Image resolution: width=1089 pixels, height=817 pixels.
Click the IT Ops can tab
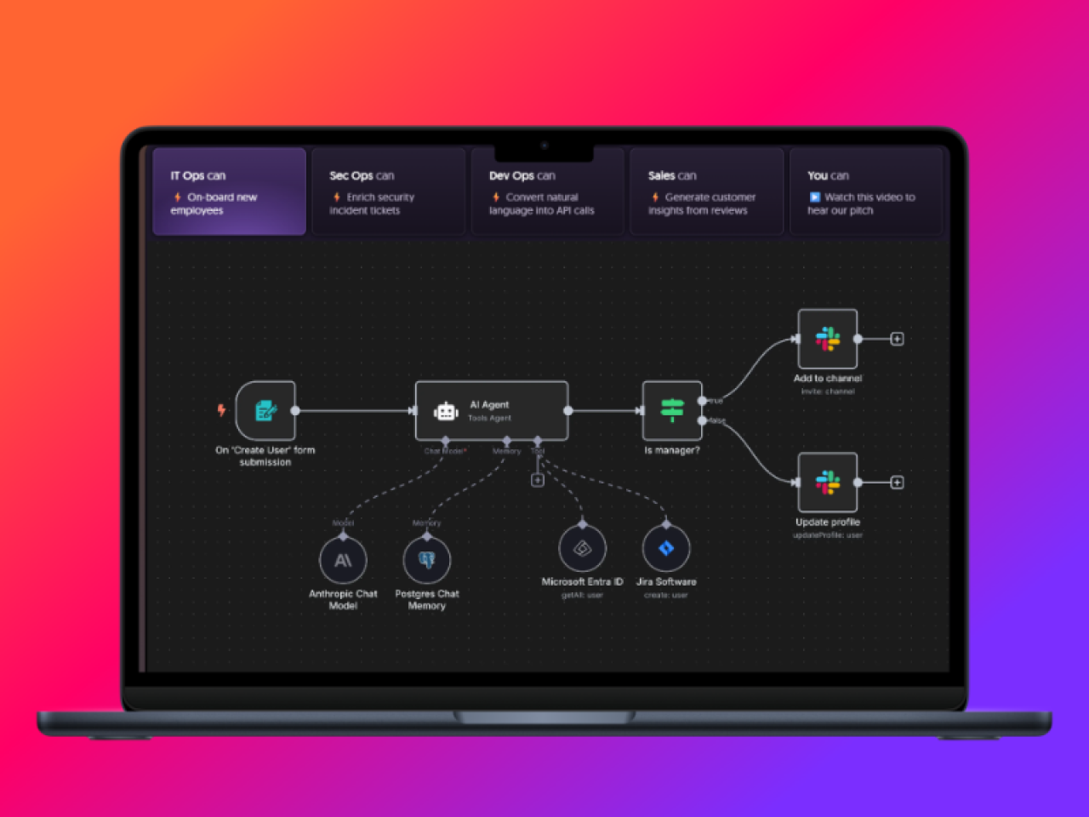tap(229, 191)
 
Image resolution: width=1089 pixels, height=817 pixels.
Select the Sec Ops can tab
tap(388, 191)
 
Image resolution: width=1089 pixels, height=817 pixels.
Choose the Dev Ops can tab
tap(547, 191)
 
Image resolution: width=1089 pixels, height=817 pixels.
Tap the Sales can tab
tap(706, 191)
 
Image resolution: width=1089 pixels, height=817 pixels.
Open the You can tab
tap(866, 191)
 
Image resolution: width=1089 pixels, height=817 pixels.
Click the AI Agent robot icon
tap(446, 412)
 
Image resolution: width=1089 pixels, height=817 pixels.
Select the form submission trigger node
tap(265, 411)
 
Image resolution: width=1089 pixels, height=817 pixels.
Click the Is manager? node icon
tap(672, 411)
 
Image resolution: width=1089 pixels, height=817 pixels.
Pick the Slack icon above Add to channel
tap(828, 339)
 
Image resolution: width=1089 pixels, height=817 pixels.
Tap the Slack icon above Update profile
tap(828, 483)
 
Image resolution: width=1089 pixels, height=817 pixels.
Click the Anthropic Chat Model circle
tap(343, 561)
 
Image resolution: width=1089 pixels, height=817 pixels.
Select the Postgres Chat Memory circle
tap(427, 561)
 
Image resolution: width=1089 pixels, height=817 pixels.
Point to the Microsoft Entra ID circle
tap(582, 549)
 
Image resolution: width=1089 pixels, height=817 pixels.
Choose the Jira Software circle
tap(666, 549)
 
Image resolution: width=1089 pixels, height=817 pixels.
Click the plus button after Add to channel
tap(897, 339)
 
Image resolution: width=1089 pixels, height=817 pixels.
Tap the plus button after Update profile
tap(897, 483)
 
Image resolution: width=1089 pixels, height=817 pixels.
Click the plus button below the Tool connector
tap(538, 481)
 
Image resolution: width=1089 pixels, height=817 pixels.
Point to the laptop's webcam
tap(544, 146)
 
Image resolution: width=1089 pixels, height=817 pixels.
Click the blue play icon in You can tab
tap(814, 197)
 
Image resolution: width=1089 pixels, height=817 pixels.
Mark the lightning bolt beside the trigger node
tap(221, 410)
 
